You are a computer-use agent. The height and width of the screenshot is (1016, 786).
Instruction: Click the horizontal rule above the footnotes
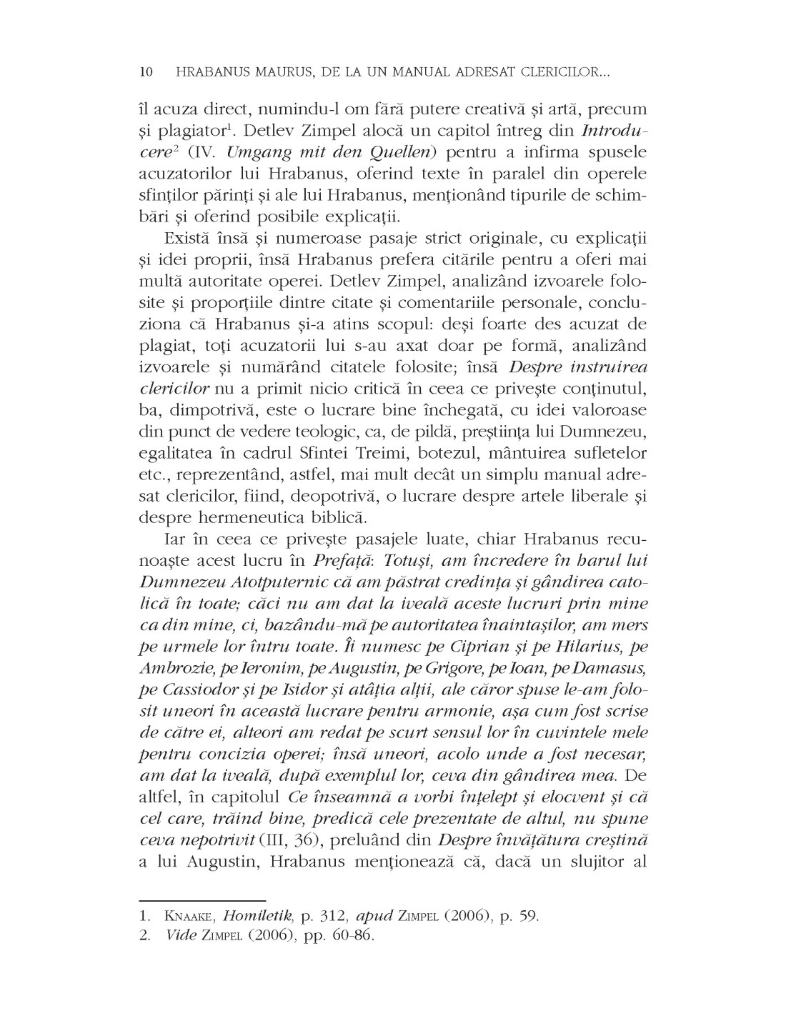point(202,892)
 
